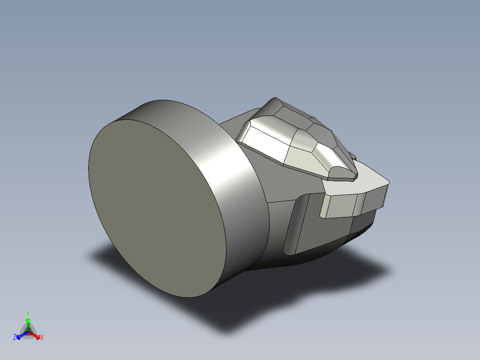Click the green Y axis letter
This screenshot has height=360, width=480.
[28, 313]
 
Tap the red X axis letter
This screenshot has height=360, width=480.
[42, 338]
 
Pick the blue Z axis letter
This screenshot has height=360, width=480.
[15, 338]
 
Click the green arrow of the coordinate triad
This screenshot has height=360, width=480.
[28, 323]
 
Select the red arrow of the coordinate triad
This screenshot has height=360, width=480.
[36, 335]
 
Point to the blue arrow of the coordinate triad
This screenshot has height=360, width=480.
[20, 335]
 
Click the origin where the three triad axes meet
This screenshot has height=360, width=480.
[28, 332]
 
